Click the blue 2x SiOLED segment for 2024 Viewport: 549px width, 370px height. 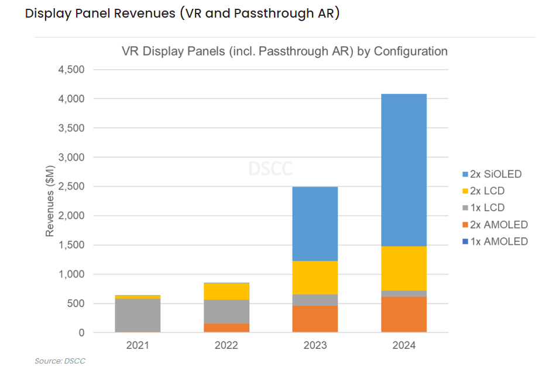[x=404, y=170]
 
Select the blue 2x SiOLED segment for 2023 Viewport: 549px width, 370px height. [x=315, y=224]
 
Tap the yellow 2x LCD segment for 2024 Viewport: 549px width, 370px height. [x=404, y=268]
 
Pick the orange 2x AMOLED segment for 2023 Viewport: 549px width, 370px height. [x=315, y=319]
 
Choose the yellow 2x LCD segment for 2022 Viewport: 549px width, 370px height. [x=227, y=291]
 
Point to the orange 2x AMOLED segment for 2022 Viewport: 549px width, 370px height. [x=227, y=328]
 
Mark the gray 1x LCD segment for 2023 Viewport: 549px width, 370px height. [x=315, y=300]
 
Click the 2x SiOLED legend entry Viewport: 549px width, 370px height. [x=491, y=174]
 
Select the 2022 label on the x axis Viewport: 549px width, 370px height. [x=227, y=345]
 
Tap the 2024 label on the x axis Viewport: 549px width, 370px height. [x=404, y=345]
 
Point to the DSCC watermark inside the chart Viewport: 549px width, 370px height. [x=270, y=169]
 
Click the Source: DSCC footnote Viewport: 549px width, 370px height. [x=60, y=361]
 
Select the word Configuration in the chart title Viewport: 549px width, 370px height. [x=410, y=51]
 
